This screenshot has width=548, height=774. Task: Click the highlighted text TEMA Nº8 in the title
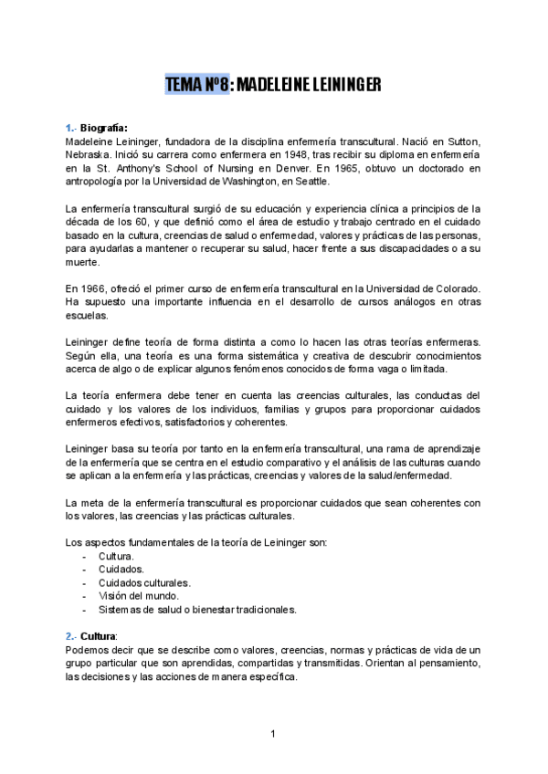[195, 85]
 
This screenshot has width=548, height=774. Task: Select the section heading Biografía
[106, 128]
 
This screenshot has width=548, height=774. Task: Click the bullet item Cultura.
[116, 556]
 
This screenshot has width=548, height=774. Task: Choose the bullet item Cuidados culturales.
[144, 582]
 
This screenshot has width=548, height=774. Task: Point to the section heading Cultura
[99, 635]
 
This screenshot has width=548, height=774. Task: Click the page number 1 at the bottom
[273, 733]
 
